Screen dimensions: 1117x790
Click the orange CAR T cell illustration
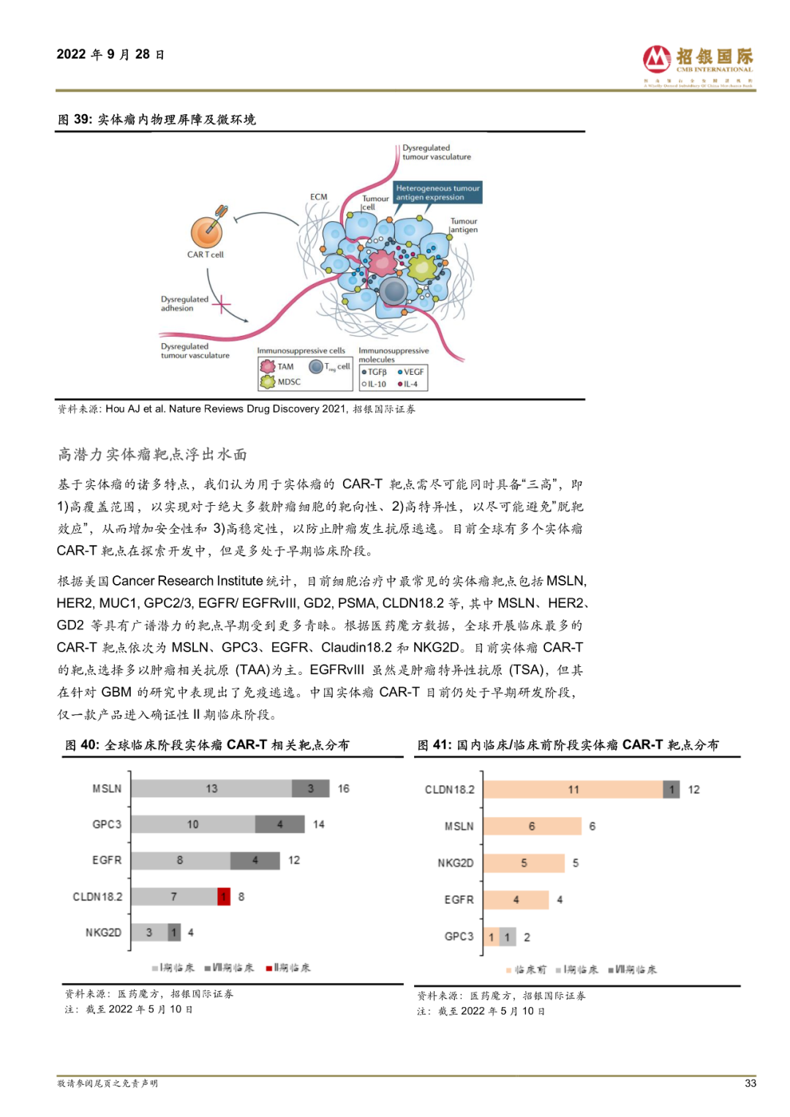206,232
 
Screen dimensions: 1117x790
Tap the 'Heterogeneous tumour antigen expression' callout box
437,193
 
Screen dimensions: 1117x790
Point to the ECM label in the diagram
318,197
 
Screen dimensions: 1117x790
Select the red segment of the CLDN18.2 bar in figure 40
224,896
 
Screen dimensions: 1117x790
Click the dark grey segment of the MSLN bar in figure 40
310,788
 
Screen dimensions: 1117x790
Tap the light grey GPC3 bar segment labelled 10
193,824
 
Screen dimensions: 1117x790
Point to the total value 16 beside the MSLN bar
343,788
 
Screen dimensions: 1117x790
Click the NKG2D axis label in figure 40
103,933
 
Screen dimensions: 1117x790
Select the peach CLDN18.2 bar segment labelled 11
573,790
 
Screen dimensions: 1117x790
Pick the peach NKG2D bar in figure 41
524,863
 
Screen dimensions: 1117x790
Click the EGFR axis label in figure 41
459,900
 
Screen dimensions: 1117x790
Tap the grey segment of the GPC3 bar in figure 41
508,937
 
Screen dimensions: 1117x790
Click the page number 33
750,1083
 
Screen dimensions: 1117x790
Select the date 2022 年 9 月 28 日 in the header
110,55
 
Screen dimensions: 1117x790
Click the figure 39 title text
157,119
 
